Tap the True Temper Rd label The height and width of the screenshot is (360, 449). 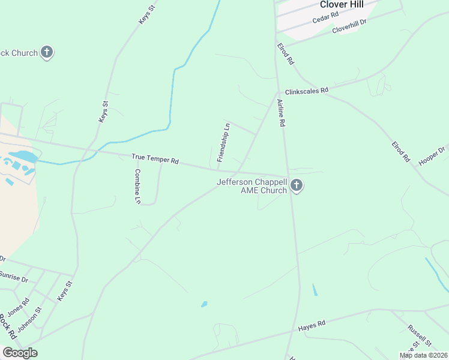click(155, 159)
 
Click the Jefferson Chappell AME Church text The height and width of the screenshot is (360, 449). click(252, 186)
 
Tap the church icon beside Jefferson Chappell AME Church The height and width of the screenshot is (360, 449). click(296, 186)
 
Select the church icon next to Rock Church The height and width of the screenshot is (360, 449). click(47, 53)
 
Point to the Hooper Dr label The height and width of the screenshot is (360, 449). click(432, 157)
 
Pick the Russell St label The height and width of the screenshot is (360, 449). click(419, 335)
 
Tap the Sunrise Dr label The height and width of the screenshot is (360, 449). click(13, 278)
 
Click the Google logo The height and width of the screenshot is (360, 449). click(20, 353)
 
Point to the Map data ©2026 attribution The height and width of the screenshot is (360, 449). click(423, 355)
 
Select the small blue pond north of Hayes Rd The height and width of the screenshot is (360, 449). click(204, 304)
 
